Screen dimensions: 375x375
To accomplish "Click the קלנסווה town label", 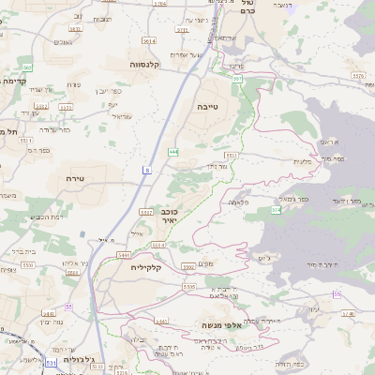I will click(147, 65).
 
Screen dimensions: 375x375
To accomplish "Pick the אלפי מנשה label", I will click(222, 325).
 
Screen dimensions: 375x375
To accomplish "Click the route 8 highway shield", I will click(147, 170).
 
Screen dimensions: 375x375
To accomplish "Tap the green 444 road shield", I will click(173, 151).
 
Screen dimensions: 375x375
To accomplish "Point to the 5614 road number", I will click(148, 41).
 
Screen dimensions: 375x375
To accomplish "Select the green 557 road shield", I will click(238, 80).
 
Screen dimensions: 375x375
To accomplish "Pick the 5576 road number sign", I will click(358, 74).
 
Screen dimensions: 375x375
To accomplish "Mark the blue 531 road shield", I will click(50, 361).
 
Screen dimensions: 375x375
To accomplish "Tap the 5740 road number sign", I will click(348, 315).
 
